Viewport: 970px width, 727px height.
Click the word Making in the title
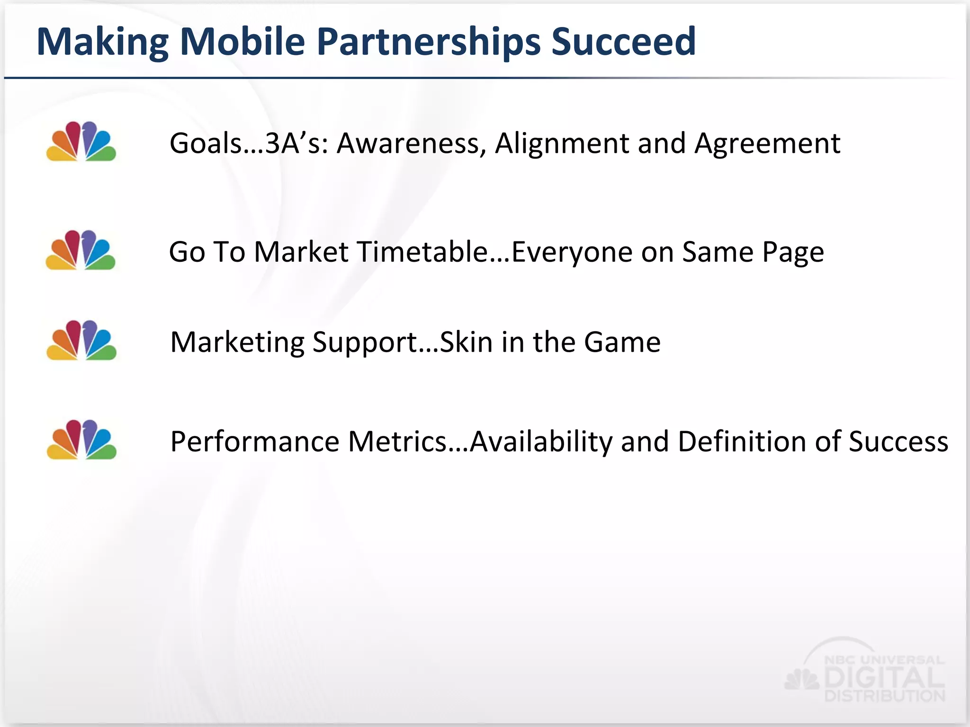pos(102,43)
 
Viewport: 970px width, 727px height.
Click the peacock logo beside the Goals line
pos(81,142)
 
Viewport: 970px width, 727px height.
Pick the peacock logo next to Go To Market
pos(81,250)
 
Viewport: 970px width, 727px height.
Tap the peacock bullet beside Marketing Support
pos(81,340)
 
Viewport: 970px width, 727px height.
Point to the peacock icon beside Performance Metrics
pos(81,440)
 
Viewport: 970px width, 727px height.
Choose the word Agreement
pos(767,144)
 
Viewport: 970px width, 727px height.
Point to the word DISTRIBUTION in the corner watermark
pos(884,696)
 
